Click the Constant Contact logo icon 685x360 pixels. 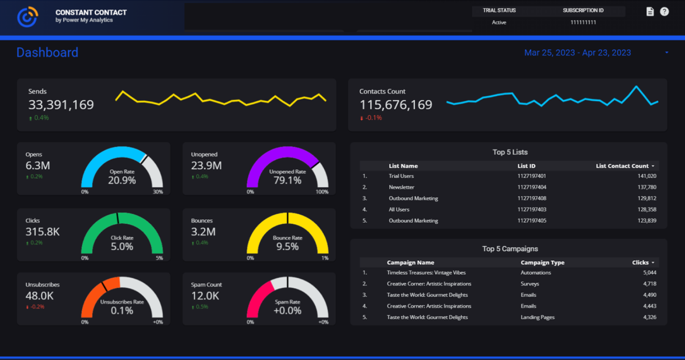(x=27, y=17)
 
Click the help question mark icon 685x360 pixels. (x=664, y=12)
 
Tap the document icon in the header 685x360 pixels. (x=650, y=12)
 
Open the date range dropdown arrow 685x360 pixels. (x=667, y=53)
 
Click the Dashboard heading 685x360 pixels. (x=47, y=52)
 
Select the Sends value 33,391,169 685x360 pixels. (x=61, y=105)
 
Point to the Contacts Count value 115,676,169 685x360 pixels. (x=396, y=105)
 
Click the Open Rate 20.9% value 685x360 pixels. (x=122, y=181)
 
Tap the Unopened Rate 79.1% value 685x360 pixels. (x=288, y=181)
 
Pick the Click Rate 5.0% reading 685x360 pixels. (x=122, y=247)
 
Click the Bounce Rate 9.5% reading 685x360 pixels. (x=288, y=247)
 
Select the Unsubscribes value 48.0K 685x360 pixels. (x=40, y=296)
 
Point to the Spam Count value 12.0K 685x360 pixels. (x=205, y=296)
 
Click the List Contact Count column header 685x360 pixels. (x=622, y=166)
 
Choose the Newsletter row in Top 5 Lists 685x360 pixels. (x=401, y=187)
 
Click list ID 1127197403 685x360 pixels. (x=532, y=209)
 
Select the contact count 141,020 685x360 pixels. (x=647, y=176)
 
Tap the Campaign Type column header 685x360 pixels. (x=543, y=263)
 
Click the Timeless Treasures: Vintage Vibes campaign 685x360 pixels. (x=426, y=273)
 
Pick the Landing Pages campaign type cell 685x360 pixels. (x=538, y=317)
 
